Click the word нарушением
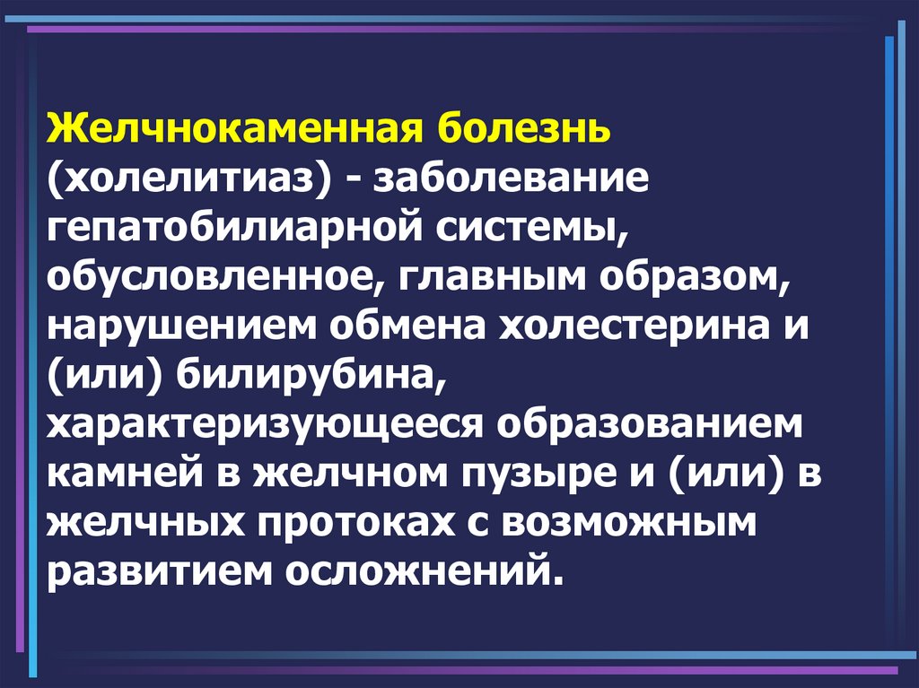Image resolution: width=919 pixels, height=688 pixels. click(181, 326)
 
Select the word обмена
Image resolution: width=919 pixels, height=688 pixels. click(408, 325)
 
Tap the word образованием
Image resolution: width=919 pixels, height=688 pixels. click(650, 423)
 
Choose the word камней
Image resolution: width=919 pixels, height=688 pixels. click(125, 474)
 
